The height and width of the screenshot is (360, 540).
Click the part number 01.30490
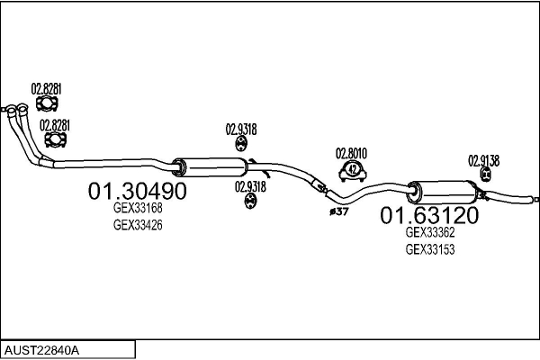(137, 191)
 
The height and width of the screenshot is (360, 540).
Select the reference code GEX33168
(138, 208)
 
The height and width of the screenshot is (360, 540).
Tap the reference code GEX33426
(138, 225)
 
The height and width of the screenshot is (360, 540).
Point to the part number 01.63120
(429, 215)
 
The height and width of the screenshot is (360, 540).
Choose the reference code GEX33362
(430, 232)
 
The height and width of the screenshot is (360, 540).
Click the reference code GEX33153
(430, 249)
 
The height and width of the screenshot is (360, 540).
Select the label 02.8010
(351, 153)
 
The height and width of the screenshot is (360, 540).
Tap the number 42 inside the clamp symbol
(352, 169)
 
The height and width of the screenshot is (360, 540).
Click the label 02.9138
(483, 160)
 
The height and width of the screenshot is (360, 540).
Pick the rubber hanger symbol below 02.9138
(485, 174)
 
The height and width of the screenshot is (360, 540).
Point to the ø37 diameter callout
(339, 211)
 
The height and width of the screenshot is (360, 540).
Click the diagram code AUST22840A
(41, 351)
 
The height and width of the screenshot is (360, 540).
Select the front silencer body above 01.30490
(210, 167)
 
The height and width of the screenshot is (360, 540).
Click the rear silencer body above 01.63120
(443, 193)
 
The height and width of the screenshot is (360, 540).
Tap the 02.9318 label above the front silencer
(241, 130)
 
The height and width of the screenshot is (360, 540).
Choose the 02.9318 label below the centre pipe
(250, 186)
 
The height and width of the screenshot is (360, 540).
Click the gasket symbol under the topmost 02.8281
(47, 103)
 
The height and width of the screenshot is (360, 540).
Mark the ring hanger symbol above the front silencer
(241, 144)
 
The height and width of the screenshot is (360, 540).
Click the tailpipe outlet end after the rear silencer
(535, 199)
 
